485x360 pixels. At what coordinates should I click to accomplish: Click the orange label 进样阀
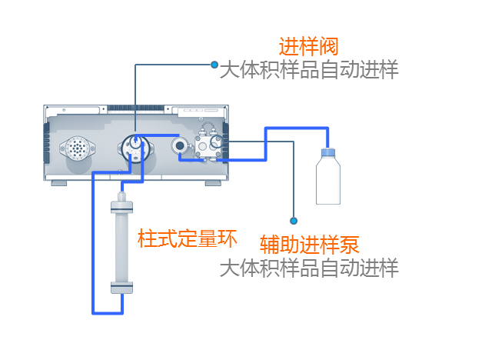308,46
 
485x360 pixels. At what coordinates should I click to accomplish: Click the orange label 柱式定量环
187,238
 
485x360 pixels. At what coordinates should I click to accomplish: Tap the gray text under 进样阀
309,70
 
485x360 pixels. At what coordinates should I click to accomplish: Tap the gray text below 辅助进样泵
309,268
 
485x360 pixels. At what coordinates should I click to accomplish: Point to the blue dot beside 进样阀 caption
214,65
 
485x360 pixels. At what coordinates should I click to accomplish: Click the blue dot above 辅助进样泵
294,221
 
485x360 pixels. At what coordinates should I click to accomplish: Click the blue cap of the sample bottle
328,151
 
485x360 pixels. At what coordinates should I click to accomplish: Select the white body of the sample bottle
328,181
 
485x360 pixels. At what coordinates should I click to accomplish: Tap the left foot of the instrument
59,182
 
